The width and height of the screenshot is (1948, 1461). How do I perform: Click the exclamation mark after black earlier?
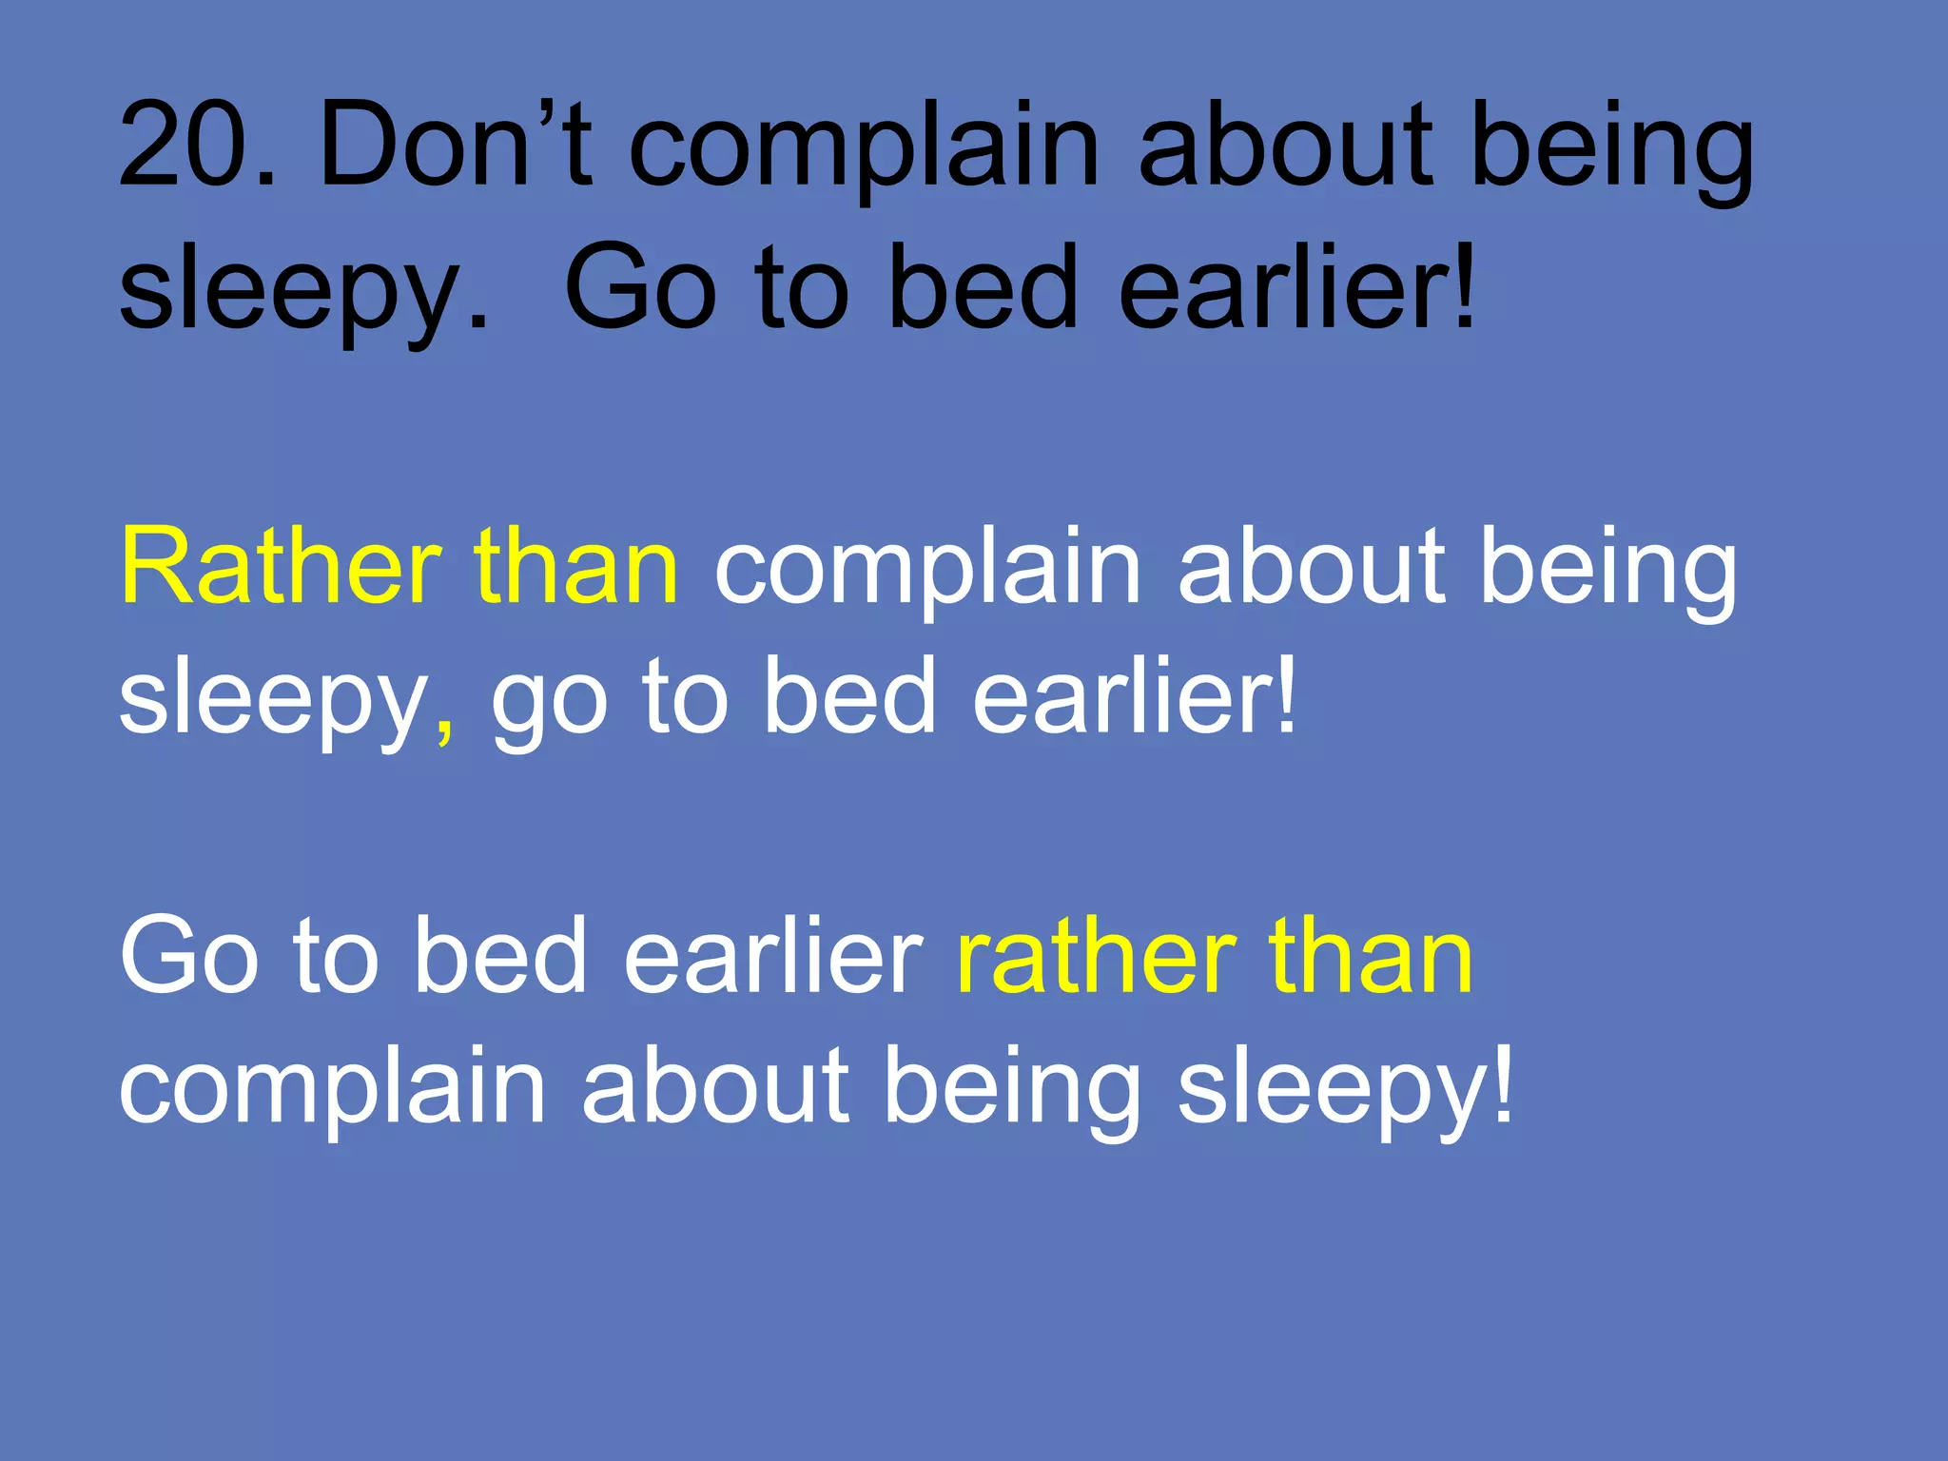[x=1463, y=285]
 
